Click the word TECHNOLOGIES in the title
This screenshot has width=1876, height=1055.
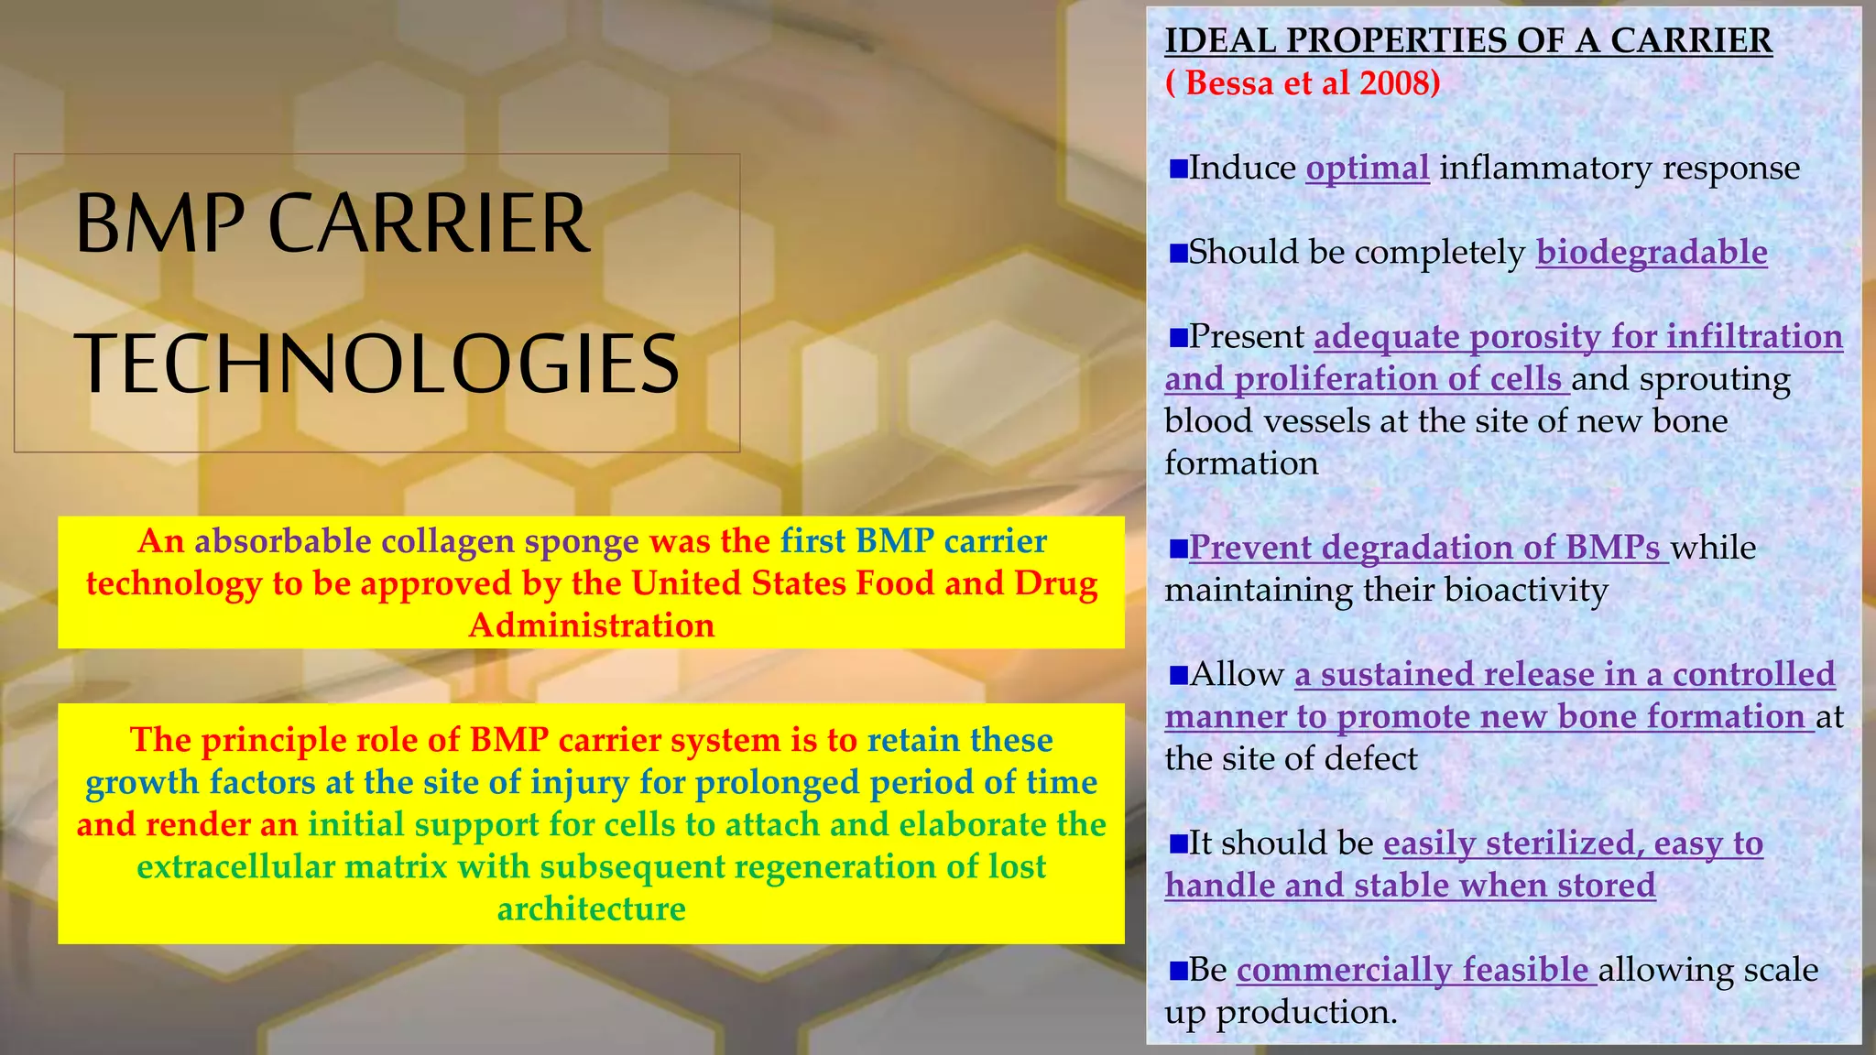376,364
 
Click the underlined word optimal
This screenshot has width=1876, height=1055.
1367,169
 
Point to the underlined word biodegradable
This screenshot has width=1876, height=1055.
1651,253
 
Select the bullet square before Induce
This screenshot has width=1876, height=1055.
1178,169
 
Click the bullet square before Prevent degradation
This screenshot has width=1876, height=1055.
1178,549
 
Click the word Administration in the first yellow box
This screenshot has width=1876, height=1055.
591,625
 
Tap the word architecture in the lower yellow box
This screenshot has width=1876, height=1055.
591,909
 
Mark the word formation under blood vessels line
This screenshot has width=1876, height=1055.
1240,464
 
